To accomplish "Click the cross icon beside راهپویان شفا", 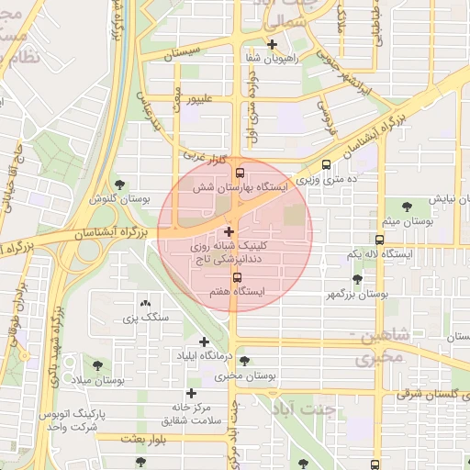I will (x=272, y=44).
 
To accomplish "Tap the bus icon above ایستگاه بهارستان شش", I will (x=240, y=172).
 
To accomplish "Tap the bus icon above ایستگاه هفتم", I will (x=237, y=277).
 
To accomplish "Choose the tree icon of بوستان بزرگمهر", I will (x=357, y=279).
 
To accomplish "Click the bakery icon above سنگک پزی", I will (x=145, y=304).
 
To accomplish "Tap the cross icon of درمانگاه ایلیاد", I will (x=204, y=341).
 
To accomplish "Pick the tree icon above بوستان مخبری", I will (x=244, y=360).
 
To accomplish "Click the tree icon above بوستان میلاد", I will (x=96, y=364).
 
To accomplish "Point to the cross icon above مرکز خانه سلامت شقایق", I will (x=191, y=393).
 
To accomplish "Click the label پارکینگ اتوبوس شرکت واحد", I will (x=74, y=420).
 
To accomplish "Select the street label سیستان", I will (x=180, y=56).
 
